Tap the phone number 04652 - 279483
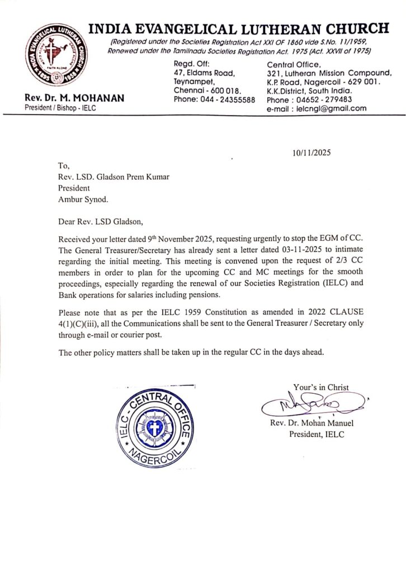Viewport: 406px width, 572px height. click(x=316, y=99)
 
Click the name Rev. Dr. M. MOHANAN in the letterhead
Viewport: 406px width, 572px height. click(x=74, y=98)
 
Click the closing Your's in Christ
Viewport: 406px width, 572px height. click(x=320, y=387)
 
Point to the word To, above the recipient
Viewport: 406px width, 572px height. click(x=64, y=166)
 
